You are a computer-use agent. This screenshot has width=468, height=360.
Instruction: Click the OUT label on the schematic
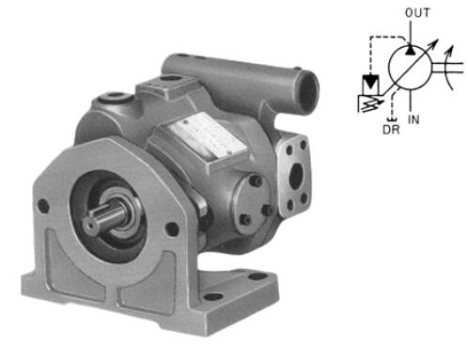coord(417,13)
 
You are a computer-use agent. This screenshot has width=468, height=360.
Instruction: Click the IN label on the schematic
coord(413,119)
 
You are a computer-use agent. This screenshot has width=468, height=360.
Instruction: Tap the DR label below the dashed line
coord(391,130)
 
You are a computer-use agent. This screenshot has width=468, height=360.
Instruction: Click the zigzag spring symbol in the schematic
coord(369,103)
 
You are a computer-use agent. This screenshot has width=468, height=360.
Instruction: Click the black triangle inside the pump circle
coord(410,50)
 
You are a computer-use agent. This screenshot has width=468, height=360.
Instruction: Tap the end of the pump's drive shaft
coord(91,225)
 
